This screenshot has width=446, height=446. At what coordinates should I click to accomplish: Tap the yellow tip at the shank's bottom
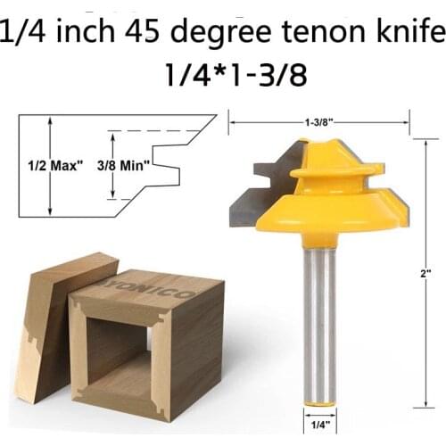click(318, 404)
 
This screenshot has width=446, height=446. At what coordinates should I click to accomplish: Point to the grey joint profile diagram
click(116, 165)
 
